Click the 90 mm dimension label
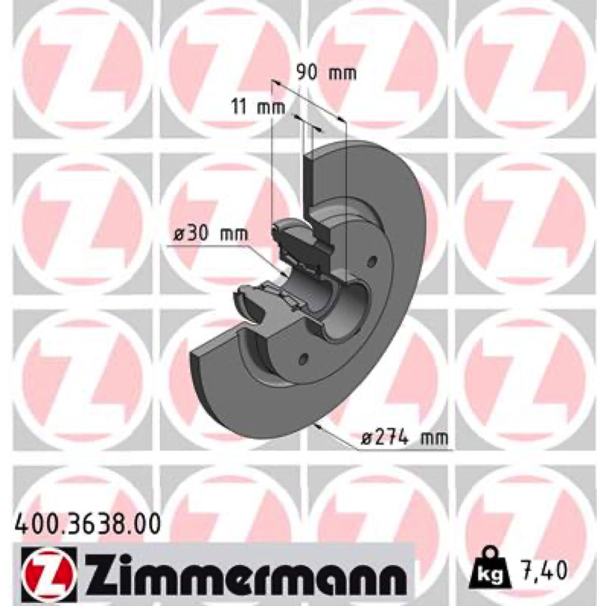click(x=326, y=73)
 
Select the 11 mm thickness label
click(x=258, y=106)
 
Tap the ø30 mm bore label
click(x=210, y=234)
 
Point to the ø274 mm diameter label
click(x=405, y=438)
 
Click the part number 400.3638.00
click(x=86, y=524)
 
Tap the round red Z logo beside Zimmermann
click(x=47, y=571)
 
